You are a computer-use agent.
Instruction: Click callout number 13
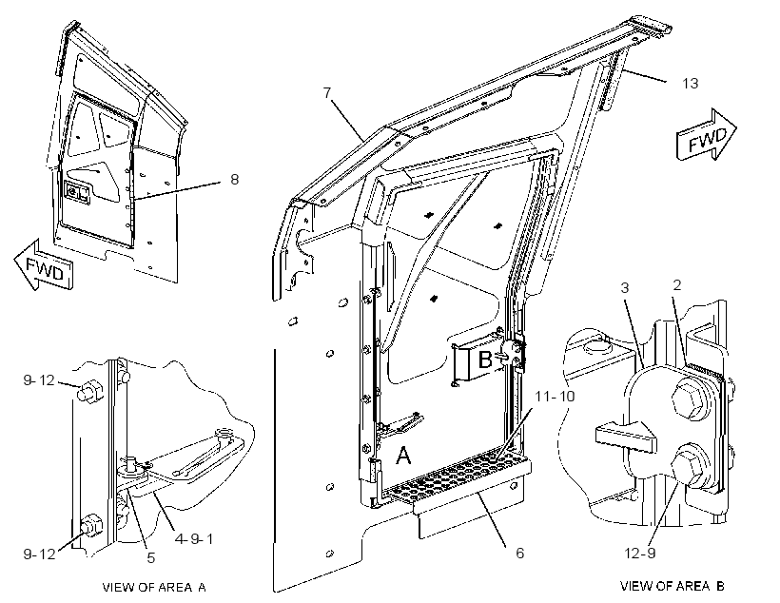(690, 83)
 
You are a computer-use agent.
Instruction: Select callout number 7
(327, 92)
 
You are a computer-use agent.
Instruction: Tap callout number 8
(234, 179)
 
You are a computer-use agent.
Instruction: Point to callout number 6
(519, 553)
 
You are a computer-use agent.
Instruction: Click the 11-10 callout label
(555, 396)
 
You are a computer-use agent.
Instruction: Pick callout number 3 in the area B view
(625, 287)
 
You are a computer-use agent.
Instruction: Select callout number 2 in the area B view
(676, 285)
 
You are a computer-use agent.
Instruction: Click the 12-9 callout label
(640, 553)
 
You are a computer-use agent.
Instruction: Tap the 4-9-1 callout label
(194, 539)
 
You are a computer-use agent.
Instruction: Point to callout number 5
(151, 557)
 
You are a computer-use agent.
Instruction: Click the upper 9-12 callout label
(39, 380)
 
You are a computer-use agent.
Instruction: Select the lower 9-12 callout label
(39, 554)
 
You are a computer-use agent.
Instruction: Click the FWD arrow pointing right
(707, 135)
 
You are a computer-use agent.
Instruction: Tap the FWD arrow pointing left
(44, 265)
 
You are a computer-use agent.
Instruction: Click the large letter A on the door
(403, 455)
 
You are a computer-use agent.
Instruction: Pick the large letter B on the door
(484, 359)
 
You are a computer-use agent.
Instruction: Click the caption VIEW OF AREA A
(154, 587)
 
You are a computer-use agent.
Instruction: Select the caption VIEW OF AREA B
(673, 586)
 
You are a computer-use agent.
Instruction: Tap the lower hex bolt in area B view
(689, 464)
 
